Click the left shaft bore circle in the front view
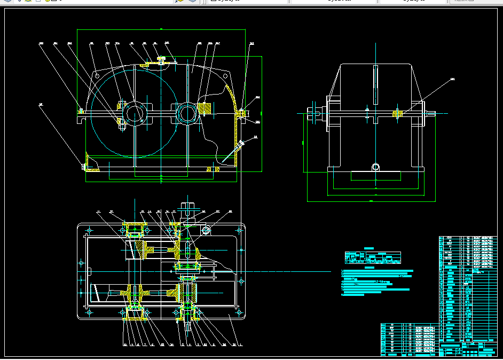(x=133, y=113)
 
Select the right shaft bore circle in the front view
(x=186, y=113)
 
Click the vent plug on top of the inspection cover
(x=160, y=61)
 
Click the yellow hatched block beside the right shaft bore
(x=205, y=108)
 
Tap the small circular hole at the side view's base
(x=376, y=167)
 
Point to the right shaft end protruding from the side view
(x=432, y=113)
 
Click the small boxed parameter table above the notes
(x=373, y=258)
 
